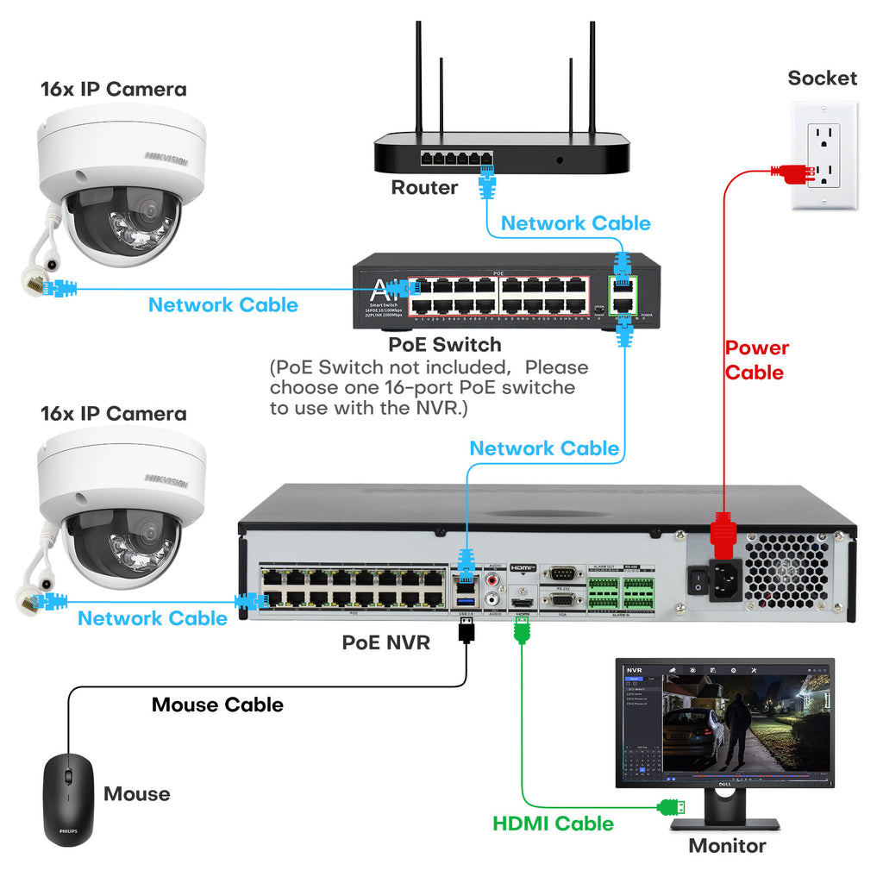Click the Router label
[x=424, y=187]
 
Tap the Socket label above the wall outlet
[x=822, y=78]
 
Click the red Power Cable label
[x=756, y=360]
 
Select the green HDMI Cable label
[x=553, y=824]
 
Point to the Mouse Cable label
[x=217, y=705]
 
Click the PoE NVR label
[x=385, y=642]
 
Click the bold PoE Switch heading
[x=444, y=345]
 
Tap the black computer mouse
[x=68, y=798]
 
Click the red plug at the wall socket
[x=792, y=172]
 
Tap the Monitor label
[x=727, y=846]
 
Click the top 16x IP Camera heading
[x=113, y=89]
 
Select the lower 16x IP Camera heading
[x=113, y=413]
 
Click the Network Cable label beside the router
[x=575, y=223]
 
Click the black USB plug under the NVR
[x=467, y=630]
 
